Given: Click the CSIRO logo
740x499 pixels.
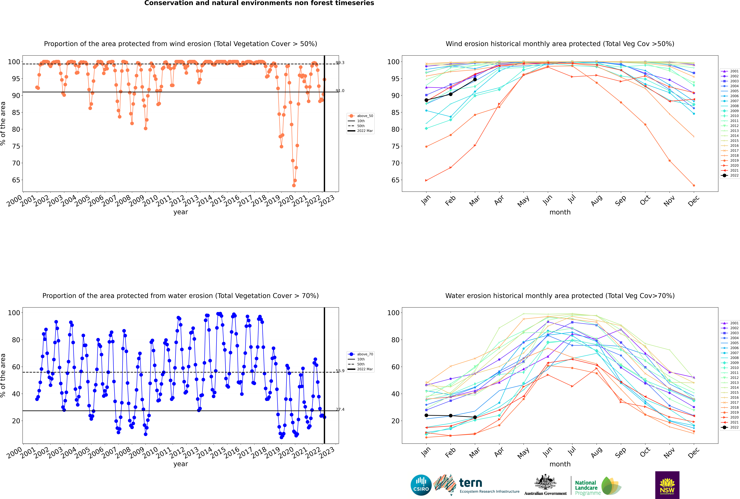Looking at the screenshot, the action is pos(421,485).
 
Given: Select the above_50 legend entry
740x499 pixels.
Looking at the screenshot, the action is pos(360,116).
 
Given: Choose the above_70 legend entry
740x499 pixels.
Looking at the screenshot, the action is pos(360,354).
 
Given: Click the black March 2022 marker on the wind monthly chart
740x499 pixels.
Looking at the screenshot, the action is pos(475,80).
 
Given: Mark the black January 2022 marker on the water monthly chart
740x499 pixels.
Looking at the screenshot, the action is pos(426,415).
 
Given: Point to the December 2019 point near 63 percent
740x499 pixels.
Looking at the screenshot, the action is pos(694,186).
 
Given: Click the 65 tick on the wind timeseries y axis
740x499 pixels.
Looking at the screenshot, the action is pos(16,180).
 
